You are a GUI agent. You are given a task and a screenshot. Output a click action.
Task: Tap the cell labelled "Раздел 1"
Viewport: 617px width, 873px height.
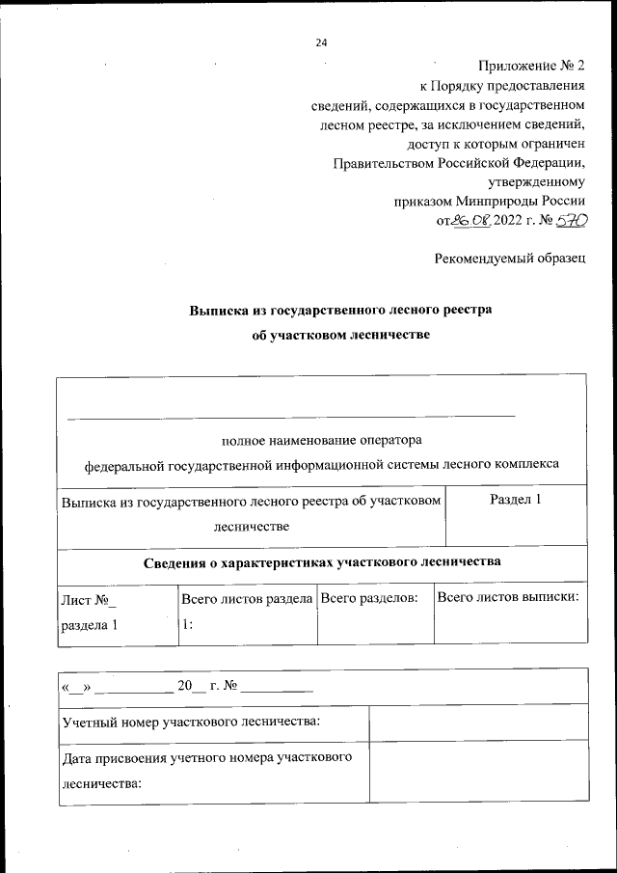[x=516, y=500]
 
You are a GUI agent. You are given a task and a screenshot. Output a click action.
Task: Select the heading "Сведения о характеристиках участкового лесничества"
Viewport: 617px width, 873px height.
[x=322, y=561]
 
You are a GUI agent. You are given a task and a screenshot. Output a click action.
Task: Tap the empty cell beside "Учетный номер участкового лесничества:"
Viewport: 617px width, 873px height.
[x=477, y=722]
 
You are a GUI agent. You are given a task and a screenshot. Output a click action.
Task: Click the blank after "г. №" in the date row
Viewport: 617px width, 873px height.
[x=278, y=689]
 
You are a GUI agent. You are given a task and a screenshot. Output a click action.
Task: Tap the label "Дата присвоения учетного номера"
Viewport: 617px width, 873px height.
[x=204, y=758]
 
